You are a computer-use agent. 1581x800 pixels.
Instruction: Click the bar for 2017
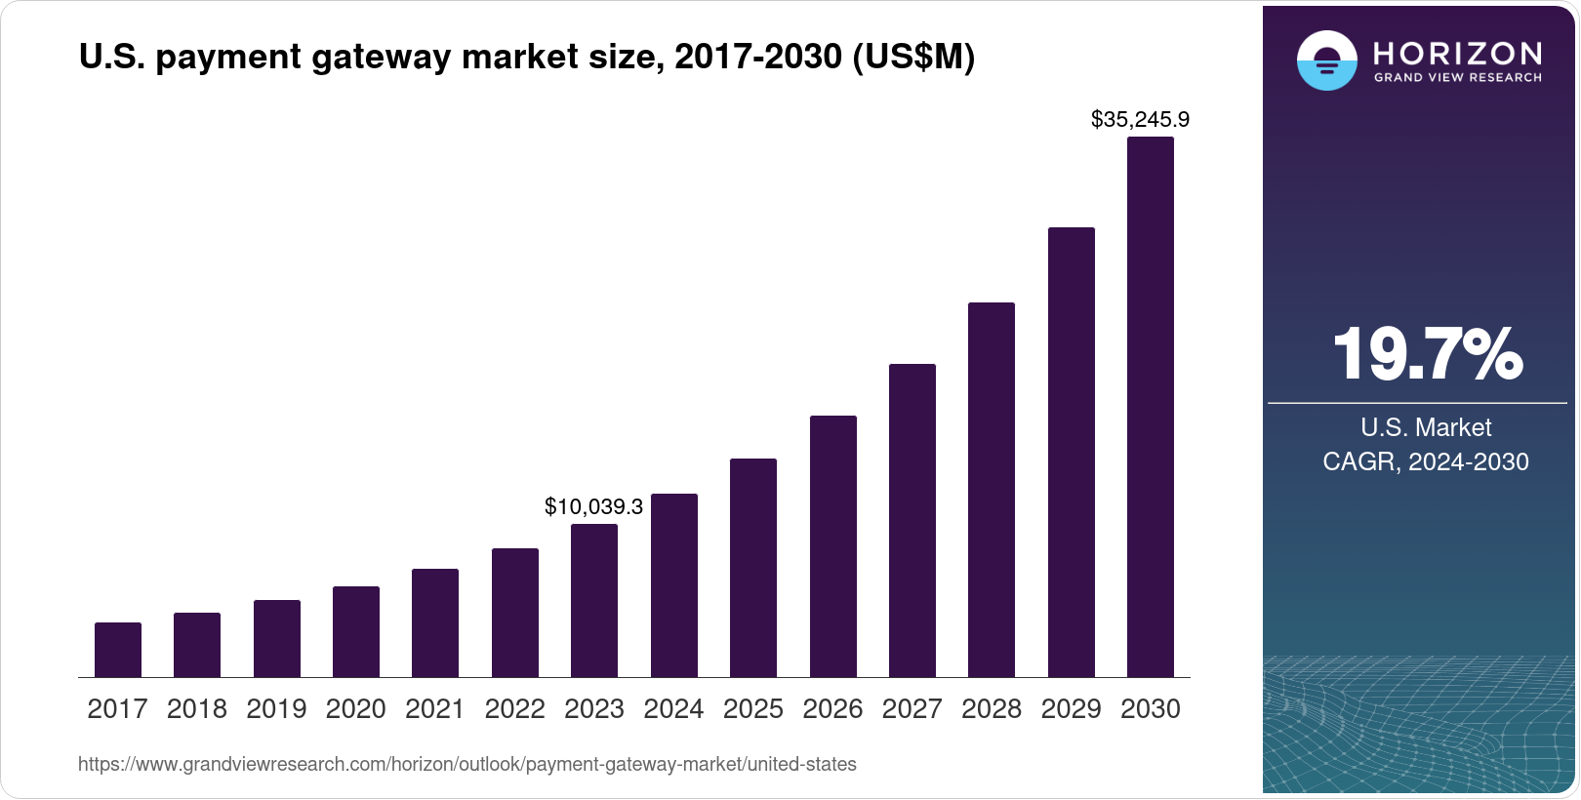click(118, 650)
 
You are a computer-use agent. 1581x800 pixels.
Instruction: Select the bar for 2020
click(356, 631)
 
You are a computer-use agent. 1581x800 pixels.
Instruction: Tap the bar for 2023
click(594, 600)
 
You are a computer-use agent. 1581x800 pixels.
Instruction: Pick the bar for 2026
click(833, 546)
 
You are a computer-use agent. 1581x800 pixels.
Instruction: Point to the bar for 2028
click(992, 490)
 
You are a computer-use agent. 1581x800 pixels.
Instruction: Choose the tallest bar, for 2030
click(1151, 407)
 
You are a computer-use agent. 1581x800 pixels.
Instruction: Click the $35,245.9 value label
click(1140, 120)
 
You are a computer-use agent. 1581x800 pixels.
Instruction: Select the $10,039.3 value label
click(593, 506)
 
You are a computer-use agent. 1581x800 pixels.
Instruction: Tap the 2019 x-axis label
click(276, 709)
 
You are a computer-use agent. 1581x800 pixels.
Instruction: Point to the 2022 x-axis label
click(514, 709)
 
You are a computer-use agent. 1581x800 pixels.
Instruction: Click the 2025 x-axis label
click(753, 709)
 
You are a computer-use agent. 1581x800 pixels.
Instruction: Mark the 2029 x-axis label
click(1071, 709)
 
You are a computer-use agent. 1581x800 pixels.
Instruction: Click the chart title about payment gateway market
click(527, 58)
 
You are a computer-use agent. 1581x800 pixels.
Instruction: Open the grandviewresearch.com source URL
click(467, 765)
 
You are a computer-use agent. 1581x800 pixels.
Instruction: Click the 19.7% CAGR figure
click(1427, 354)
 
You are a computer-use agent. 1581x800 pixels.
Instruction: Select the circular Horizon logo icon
click(1326, 60)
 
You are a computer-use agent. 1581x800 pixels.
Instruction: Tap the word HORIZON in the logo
click(1457, 53)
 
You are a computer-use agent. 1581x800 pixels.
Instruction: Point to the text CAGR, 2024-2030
click(1426, 461)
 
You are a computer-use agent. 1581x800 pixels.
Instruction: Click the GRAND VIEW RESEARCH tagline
click(1457, 77)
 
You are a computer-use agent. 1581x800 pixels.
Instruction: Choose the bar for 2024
click(674, 585)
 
